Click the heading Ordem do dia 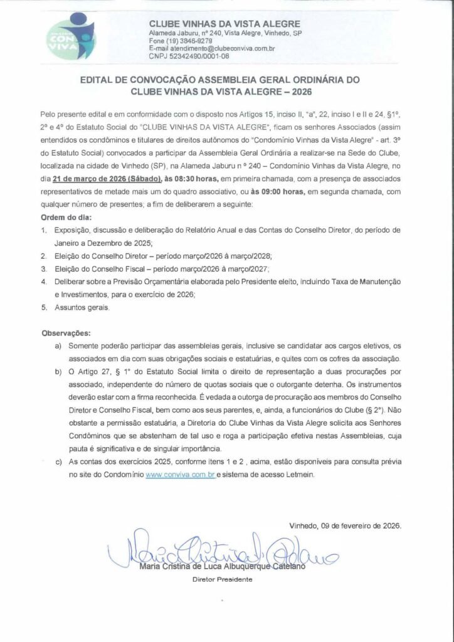62,218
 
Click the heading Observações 66,332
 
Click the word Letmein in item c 307,475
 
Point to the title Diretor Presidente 221,580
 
